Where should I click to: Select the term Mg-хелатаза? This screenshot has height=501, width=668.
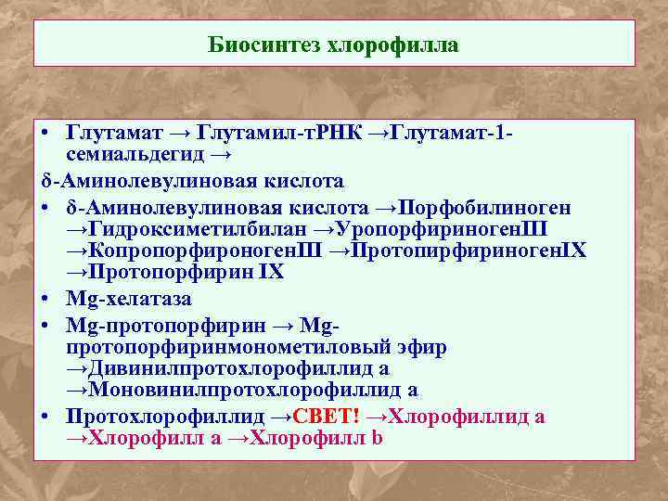pyautogui.click(x=129, y=300)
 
